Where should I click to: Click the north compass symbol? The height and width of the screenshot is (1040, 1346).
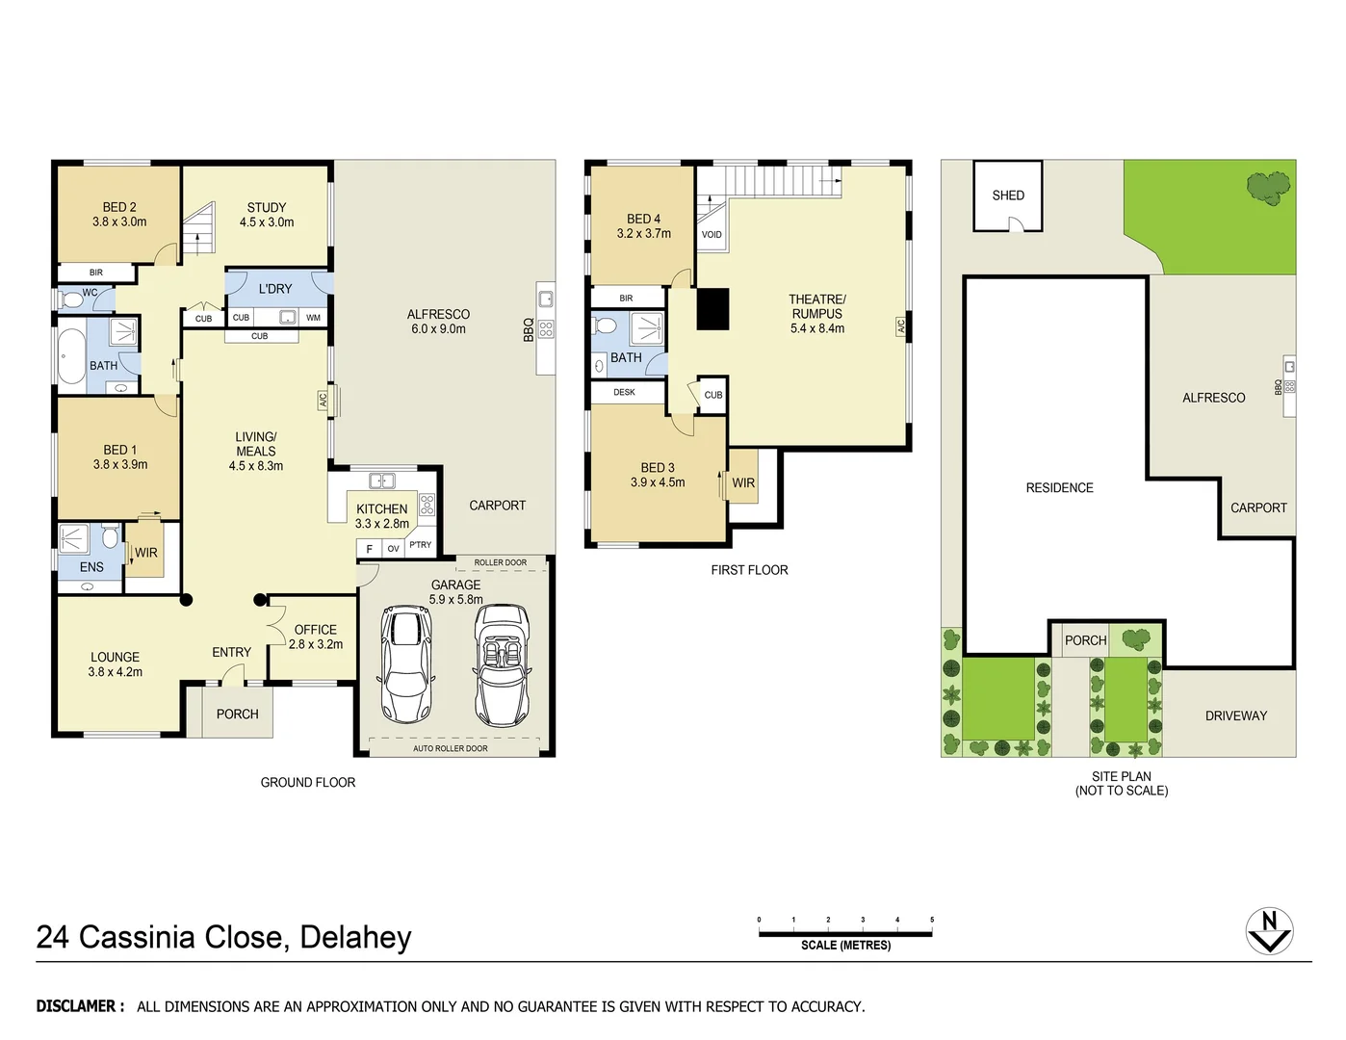[1269, 930]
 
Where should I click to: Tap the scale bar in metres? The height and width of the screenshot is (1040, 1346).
[845, 933]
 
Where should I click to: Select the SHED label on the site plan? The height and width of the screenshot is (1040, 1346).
[1008, 195]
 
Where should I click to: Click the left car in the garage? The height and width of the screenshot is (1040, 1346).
[408, 664]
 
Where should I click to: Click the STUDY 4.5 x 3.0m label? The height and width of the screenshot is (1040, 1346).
[267, 214]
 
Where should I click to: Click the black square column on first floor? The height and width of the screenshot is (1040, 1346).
[713, 309]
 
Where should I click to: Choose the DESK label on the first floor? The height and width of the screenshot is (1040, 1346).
[624, 392]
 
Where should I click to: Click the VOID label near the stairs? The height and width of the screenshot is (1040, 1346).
[712, 234]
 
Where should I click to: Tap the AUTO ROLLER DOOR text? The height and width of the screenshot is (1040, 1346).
[450, 748]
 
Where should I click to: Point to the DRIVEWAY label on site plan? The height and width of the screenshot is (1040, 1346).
[1235, 715]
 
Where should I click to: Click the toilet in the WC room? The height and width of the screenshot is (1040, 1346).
[70, 300]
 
